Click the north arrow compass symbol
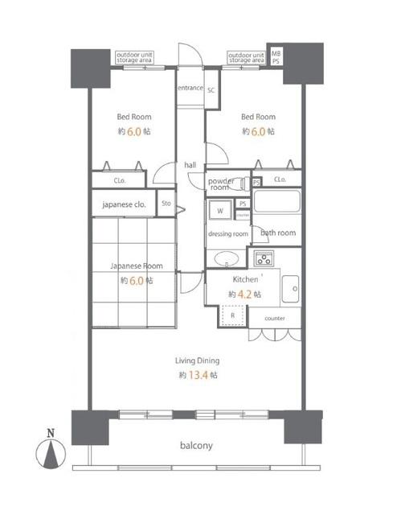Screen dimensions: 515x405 click(51, 456)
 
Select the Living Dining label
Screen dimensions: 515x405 click(198, 360)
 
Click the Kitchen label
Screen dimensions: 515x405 click(245, 279)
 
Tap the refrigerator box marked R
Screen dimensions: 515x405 click(232, 316)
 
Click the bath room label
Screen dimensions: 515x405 click(278, 233)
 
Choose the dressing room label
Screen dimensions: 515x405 click(228, 234)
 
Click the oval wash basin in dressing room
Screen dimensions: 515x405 click(226, 258)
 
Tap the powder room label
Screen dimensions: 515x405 click(222, 184)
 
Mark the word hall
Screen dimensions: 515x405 click(190, 165)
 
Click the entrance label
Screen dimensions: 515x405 click(190, 87)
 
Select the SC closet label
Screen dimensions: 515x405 click(211, 90)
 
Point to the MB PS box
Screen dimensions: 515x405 click(276, 56)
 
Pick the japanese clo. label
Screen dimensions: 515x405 click(123, 204)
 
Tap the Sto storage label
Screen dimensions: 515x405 click(166, 204)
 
